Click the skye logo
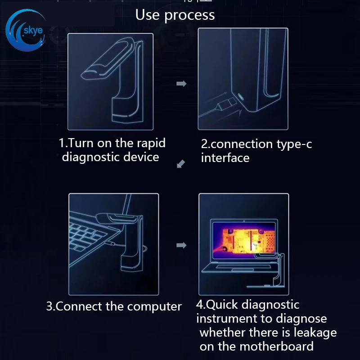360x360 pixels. click(25, 30)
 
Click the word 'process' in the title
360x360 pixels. click(189, 15)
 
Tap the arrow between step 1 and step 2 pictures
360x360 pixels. click(181, 84)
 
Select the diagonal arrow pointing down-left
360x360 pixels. click(181, 164)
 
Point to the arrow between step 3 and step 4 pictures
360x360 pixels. click(181, 245)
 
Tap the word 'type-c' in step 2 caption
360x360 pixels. click(294, 144)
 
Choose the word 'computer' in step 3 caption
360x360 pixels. click(154, 306)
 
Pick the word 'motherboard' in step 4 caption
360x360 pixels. click(276, 346)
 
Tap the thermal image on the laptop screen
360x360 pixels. click(244, 240)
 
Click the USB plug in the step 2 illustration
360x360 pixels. click(227, 104)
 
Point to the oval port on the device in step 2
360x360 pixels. click(241, 96)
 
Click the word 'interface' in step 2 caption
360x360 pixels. click(225, 158)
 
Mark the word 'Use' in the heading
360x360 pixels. click(148, 15)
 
